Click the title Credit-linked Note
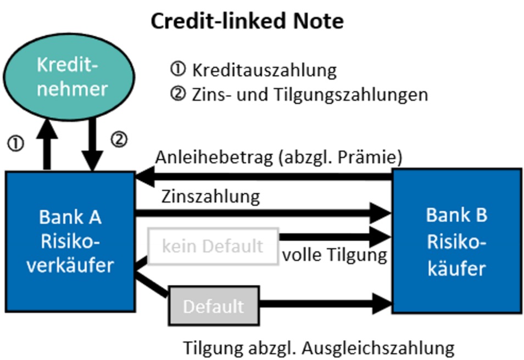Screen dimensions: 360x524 pyautogui.click(x=247, y=21)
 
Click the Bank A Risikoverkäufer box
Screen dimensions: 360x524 pyautogui.click(x=70, y=241)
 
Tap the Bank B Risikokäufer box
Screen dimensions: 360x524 pyautogui.click(x=456, y=241)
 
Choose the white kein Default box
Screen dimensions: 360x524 pyautogui.click(x=213, y=246)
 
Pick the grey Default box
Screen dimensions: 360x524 pyautogui.click(x=213, y=305)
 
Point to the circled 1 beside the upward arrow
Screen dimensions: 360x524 pyautogui.click(x=16, y=144)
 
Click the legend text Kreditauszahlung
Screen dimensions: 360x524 pyautogui.click(x=264, y=70)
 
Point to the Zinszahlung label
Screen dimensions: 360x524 pyautogui.click(x=210, y=196)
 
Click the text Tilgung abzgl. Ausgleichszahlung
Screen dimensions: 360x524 pyautogui.click(x=319, y=347)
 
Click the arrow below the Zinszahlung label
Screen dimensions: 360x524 pyautogui.click(x=264, y=211)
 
